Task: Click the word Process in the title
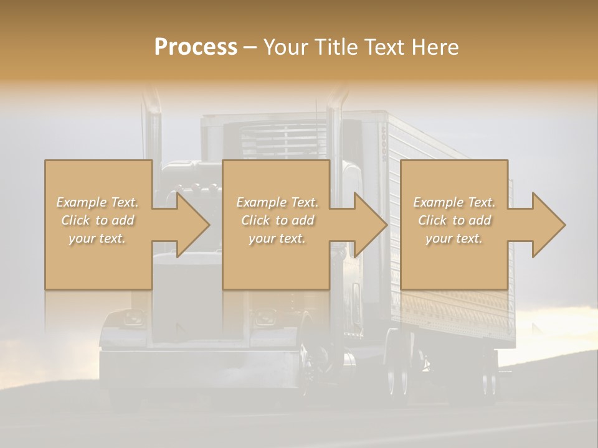click(x=196, y=47)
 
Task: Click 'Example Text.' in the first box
click(x=98, y=202)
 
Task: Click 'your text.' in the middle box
click(x=277, y=238)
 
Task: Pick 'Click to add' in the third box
click(x=454, y=220)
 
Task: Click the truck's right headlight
click(x=265, y=319)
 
